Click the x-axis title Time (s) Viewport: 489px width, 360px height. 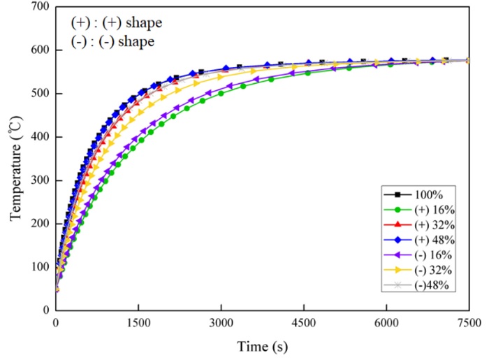[262, 346]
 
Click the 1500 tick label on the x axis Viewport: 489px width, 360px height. [138, 322]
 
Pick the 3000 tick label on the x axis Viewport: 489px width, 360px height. [221, 322]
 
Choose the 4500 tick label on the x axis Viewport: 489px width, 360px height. [303, 322]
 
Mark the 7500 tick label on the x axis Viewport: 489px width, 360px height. [468, 322]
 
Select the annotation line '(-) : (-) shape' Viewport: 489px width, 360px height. [112, 41]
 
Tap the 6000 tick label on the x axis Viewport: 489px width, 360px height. [386, 322]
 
